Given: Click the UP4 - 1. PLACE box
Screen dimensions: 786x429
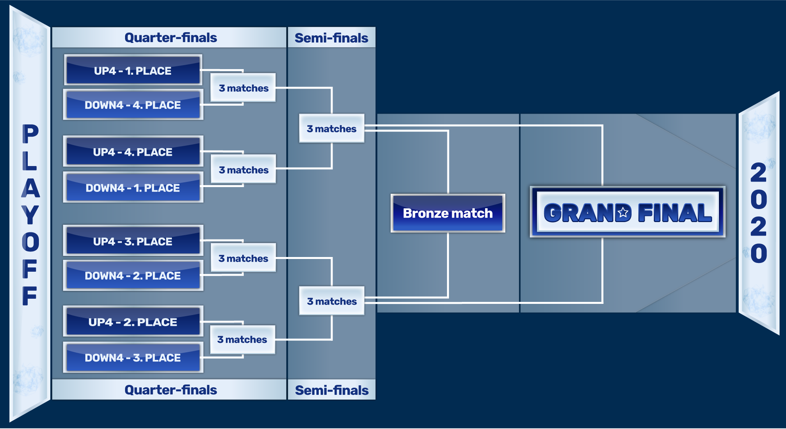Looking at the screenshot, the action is [x=133, y=70].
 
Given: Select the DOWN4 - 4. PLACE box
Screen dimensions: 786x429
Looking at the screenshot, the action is [x=133, y=104].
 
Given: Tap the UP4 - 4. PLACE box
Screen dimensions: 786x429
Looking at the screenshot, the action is [x=133, y=151].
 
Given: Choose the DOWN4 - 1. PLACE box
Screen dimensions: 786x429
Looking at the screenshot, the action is [x=133, y=187].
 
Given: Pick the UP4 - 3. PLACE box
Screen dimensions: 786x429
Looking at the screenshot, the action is [x=133, y=241].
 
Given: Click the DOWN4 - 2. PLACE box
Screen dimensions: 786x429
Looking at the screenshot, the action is [x=133, y=275].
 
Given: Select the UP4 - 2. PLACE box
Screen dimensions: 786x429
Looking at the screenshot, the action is [x=133, y=321].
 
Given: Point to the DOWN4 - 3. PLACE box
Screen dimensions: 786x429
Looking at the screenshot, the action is [x=133, y=357].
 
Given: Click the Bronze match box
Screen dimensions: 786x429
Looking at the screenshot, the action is [x=448, y=213].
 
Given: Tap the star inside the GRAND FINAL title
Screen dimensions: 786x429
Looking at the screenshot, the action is [x=623, y=213].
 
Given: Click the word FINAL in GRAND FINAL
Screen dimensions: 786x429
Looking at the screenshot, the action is [x=675, y=213].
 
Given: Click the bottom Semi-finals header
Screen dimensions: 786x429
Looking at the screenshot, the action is [x=332, y=390].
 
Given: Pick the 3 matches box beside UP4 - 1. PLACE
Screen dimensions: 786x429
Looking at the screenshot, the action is [x=243, y=88].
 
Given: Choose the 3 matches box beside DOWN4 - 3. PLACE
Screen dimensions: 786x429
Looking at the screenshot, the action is [x=243, y=340].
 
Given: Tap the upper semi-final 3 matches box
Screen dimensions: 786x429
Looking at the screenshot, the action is [x=332, y=128].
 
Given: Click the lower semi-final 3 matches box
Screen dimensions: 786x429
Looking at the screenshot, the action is [x=332, y=301].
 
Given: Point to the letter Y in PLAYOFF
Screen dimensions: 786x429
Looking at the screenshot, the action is [x=30, y=215].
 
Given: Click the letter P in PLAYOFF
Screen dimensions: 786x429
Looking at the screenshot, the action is [x=30, y=133].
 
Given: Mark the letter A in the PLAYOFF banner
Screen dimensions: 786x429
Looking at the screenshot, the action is [x=30, y=188].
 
